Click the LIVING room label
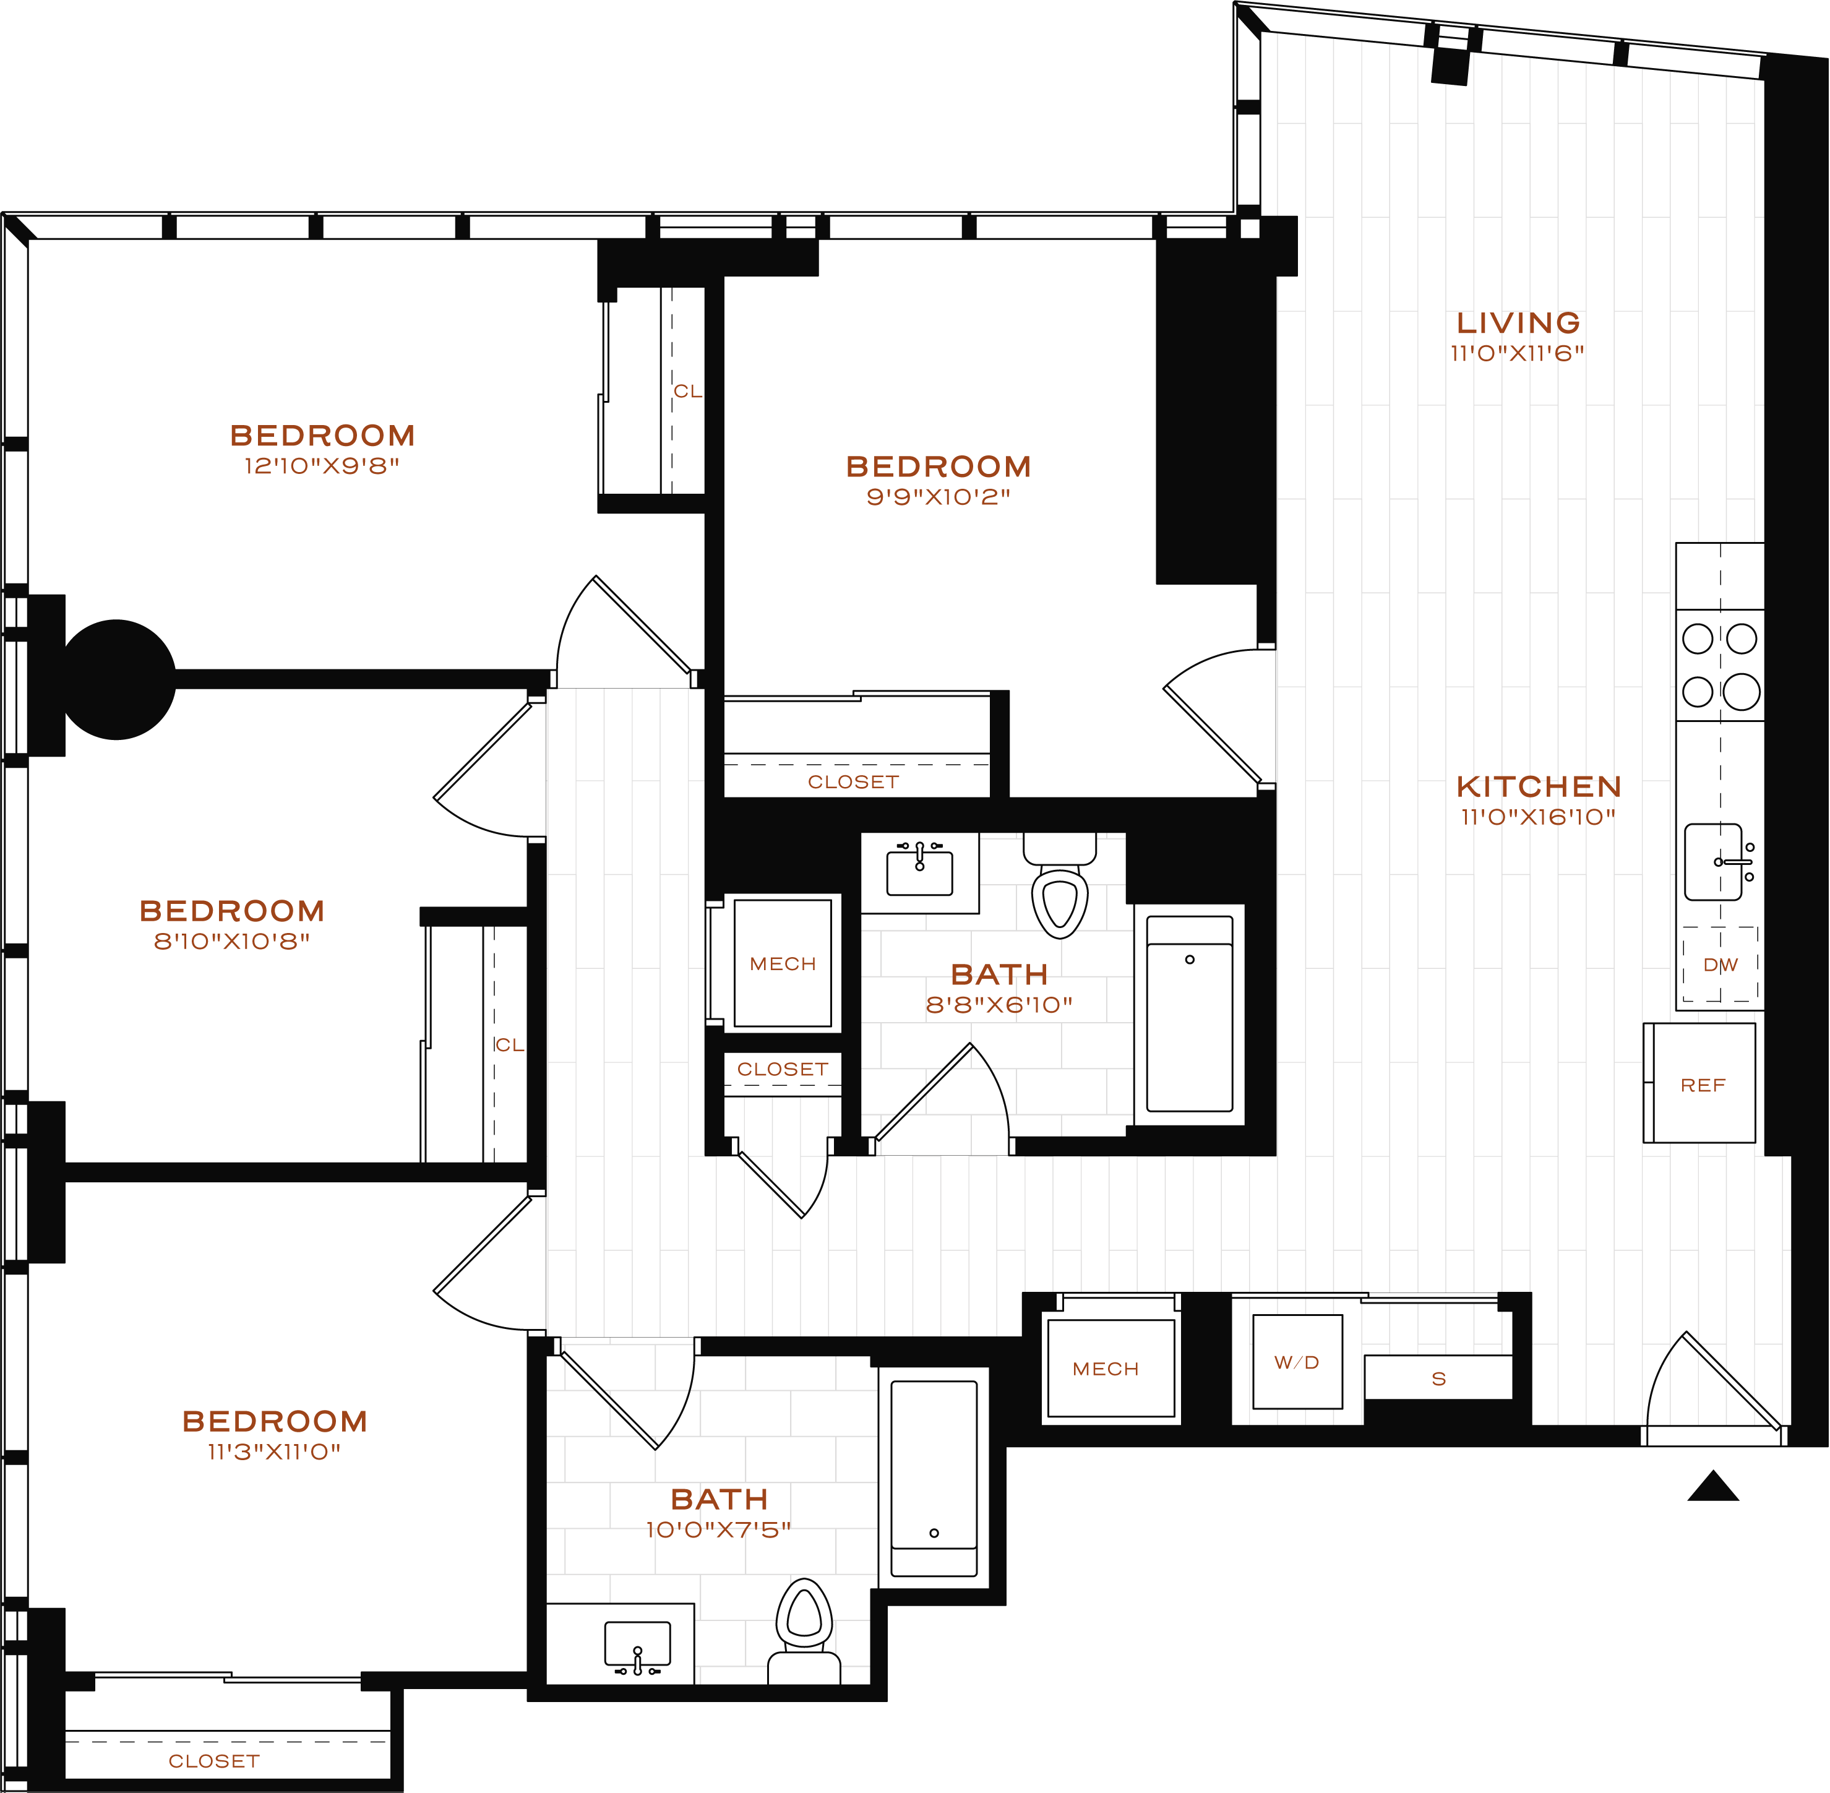[x=1518, y=323]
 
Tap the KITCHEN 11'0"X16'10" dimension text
[x=1538, y=817]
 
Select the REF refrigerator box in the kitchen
[x=1702, y=1085]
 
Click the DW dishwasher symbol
[x=1720, y=965]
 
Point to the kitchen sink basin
[x=1712, y=862]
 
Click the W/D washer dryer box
[x=1297, y=1362]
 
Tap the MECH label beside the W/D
[x=1106, y=1369]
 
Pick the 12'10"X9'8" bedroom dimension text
[x=322, y=466]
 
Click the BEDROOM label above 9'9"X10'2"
[x=938, y=467]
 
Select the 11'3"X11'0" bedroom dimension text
[x=274, y=1451]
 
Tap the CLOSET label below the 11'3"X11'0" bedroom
[x=214, y=1761]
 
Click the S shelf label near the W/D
[x=1438, y=1378]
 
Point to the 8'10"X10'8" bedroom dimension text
[x=232, y=941]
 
